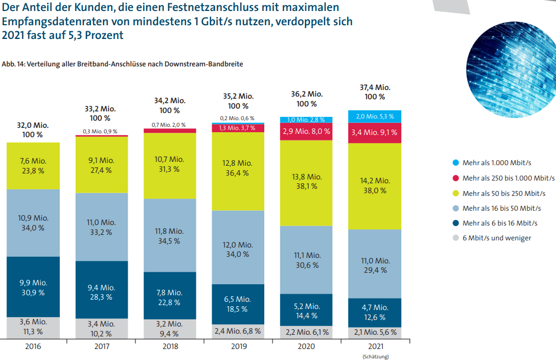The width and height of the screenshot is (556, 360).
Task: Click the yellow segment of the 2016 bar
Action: pyautogui.click(x=33, y=165)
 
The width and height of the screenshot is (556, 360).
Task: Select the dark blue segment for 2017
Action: pyautogui.click(x=102, y=289)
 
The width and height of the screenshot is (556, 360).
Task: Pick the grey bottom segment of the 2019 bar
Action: pyautogui.click(x=239, y=331)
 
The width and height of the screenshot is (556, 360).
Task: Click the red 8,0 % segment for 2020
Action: pyautogui.click(x=307, y=132)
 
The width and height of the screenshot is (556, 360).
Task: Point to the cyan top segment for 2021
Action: pyautogui.click(x=375, y=116)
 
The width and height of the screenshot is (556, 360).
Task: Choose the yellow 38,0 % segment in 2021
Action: pyautogui.click(x=375, y=185)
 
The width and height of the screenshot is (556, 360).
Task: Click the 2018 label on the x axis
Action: pyautogui.click(x=170, y=347)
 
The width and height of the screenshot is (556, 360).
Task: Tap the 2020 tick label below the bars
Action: pyautogui.click(x=307, y=347)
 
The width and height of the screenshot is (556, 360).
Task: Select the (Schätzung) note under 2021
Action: pyautogui.click(x=375, y=357)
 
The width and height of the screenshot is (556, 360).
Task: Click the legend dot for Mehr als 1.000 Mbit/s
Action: pyautogui.click(x=455, y=163)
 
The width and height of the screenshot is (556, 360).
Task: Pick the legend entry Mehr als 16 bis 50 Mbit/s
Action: pyautogui.click(x=501, y=209)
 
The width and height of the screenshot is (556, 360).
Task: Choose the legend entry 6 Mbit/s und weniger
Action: pyautogui.click(x=496, y=238)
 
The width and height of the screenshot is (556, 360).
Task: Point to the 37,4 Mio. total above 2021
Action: pyautogui.click(x=375, y=87)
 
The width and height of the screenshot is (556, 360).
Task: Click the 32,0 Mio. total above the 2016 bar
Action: pyautogui.click(x=33, y=125)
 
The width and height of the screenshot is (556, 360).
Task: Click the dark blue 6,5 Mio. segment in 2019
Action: pyautogui.click(x=239, y=304)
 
